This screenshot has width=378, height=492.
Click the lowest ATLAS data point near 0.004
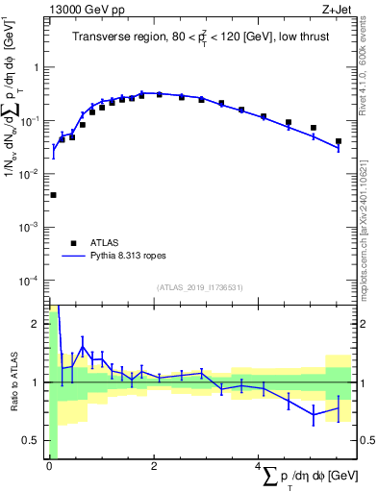(x=53, y=195)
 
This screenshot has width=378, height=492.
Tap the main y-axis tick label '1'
(x=38, y=68)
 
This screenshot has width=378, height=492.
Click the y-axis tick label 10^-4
(x=31, y=280)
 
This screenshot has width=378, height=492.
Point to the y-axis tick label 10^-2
(x=31, y=174)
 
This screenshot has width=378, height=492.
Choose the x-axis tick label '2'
(x=154, y=466)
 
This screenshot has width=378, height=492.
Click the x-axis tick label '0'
(x=49, y=466)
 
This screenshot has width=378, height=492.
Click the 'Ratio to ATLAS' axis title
(x=13, y=382)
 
